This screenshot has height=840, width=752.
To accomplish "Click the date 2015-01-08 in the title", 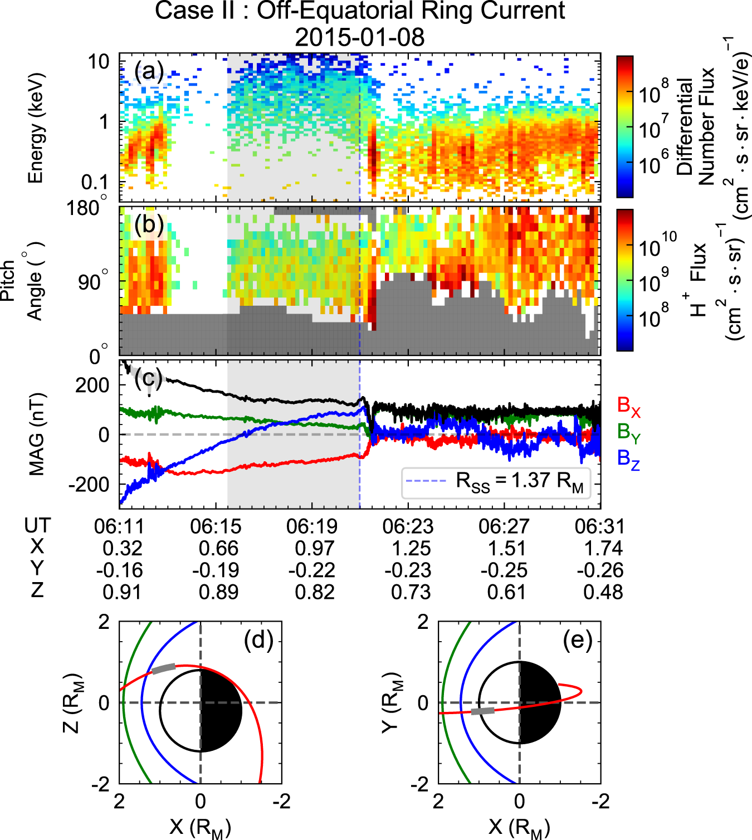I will tap(359, 37).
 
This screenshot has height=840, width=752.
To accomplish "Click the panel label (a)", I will tap(149, 71).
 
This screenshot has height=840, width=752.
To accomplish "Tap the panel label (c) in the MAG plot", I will tap(148, 379).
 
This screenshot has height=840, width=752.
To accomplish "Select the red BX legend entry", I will tap(629, 407).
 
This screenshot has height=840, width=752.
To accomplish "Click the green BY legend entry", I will tap(629, 432).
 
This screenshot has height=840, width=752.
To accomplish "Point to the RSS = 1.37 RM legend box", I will tap(496, 482).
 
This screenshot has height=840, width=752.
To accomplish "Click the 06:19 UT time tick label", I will tap(311, 526).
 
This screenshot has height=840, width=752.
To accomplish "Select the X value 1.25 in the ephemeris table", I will tap(411, 549).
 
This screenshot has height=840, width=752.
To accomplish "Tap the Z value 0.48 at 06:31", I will tap(603, 592).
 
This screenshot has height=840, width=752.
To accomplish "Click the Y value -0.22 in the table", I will tap(311, 570).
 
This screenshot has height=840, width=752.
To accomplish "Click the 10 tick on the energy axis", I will tap(99, 61).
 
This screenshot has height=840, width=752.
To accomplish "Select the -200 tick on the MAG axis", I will tap(89, 485).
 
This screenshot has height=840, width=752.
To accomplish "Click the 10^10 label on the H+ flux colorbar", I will tap(658, 245).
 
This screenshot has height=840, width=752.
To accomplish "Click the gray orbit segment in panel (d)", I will tap(164, 668).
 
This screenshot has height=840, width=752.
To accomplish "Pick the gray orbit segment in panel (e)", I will tap(482, 711).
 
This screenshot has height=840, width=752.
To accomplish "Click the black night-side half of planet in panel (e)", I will tap(538, 703).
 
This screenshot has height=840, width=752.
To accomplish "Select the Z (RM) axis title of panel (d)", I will tap(72, 702).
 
